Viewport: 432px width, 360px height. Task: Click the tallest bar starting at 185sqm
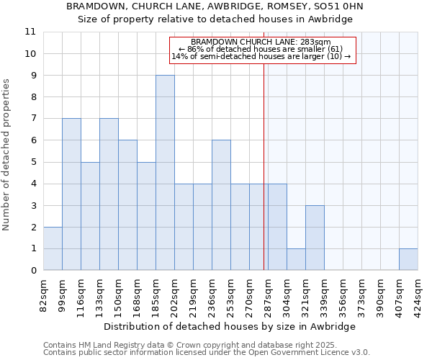tap(165, 173)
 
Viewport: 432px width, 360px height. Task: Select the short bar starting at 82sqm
tap(53, 248)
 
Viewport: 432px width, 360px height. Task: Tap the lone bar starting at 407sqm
tap(408, 259)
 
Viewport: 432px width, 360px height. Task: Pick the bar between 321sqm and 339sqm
tap(315, 238)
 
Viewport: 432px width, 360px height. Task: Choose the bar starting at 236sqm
tap(221, 205)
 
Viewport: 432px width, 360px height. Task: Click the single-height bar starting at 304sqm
tap(296, 259)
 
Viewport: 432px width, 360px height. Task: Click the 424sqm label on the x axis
tap(418, 293)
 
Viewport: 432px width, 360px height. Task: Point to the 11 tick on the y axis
tap(30, 32)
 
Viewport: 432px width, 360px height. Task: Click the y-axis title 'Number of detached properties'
tap(6, 155)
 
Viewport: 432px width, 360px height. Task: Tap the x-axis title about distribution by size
tap(230, 326)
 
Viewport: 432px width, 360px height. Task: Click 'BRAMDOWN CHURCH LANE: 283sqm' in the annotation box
tap(261, 42)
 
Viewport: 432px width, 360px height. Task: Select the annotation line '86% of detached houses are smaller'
tap(260, 49)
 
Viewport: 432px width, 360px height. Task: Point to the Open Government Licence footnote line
tap(207, 353)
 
